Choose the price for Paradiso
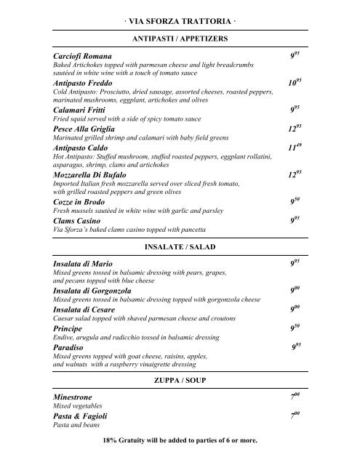click(296, 347)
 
